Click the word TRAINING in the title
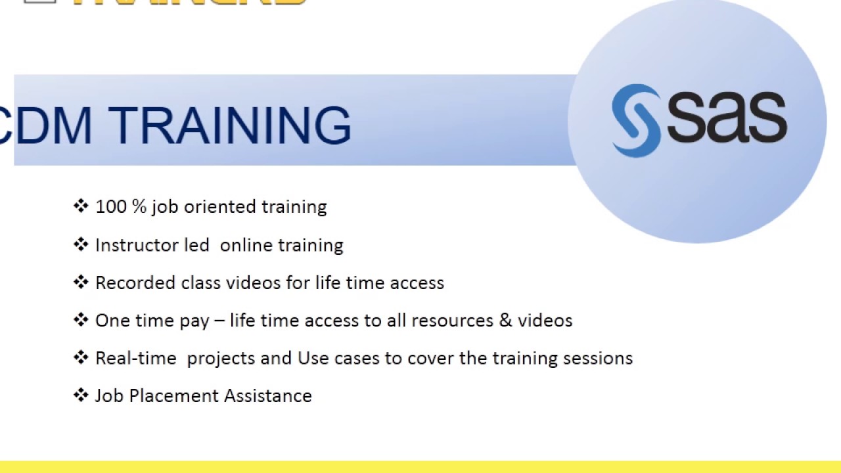[x=230, y=125]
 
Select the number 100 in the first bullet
[x=111, y=207]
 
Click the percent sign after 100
[x=139, y=207]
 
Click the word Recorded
[x=135, y=283]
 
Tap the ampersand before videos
[x=505, y=321]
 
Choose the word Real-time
[x=136, y=358]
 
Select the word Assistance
[x=267, y=396]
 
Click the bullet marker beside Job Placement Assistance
[x=81, y=395]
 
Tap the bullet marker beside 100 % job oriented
[x=81, y=206]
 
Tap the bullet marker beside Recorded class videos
[x=81, y=282]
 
